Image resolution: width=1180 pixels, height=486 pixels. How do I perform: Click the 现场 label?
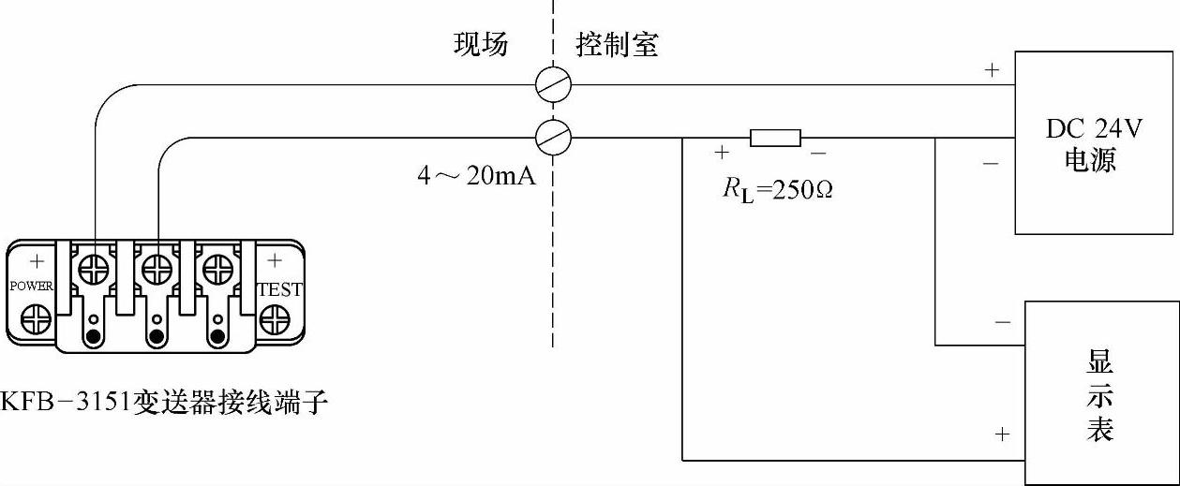(481, 44)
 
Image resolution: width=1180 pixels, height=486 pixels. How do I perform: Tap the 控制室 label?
(617, 44)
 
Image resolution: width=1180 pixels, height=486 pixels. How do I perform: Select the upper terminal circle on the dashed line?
(553, 85)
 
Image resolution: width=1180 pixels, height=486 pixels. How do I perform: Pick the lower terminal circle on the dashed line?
(553, 139)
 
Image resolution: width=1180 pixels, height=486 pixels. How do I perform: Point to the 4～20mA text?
(476, 175)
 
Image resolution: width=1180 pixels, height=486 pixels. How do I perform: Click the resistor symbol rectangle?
(775, 139)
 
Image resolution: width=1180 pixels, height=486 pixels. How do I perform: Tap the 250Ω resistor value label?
(777, 189)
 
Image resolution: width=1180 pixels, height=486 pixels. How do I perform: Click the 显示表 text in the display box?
(1099, 394)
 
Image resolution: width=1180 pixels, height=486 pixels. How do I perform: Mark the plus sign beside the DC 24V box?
(992, 70)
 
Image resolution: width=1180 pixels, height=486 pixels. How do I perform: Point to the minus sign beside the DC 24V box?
(991, 164)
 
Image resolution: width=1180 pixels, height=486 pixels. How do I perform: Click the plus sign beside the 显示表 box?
(1002, 434)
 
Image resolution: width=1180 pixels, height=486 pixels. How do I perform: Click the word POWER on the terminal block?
(31, 286)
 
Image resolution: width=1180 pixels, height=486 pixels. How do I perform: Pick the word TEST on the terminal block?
(279, 290)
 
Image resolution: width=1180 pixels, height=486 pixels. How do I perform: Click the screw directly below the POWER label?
(37, 318)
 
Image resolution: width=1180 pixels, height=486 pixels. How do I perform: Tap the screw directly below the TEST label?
(274, 320)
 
